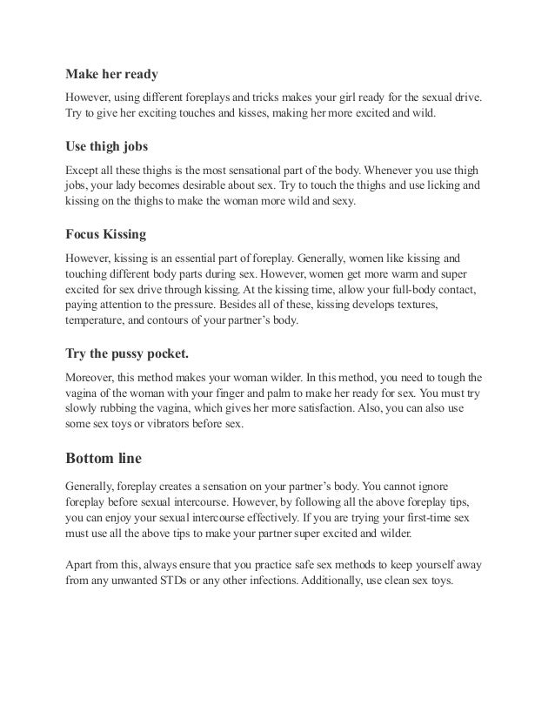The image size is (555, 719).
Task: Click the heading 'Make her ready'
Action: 111,74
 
